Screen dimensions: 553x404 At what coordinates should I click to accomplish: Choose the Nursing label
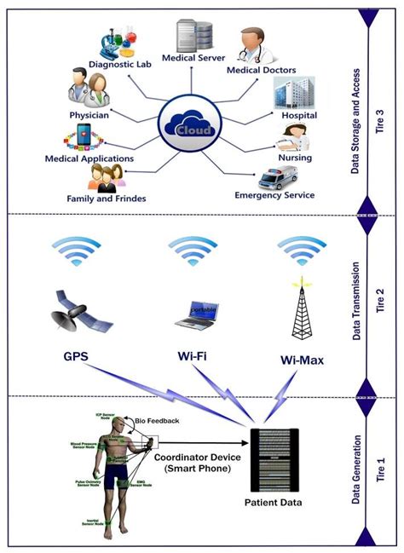pos(294,158)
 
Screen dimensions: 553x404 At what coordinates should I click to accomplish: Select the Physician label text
pos(89,115)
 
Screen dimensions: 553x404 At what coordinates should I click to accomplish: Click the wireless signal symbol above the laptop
pos(193,249)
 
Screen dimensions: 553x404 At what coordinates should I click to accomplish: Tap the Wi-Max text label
pos(302,360)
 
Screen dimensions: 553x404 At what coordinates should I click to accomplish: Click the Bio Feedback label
pos(157,420)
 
